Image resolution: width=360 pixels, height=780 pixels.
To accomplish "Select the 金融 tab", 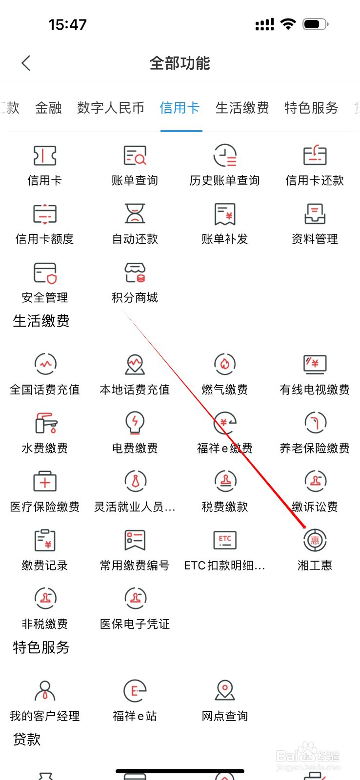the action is (48, 108).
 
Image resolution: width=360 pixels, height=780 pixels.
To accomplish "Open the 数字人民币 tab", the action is (111, 108).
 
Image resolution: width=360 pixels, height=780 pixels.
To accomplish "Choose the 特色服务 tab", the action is (311, 108).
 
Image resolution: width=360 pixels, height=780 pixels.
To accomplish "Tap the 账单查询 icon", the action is (135, 156).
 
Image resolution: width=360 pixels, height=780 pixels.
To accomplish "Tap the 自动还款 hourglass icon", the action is (135, 214).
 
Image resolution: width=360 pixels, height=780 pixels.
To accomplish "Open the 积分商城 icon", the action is (135, 273).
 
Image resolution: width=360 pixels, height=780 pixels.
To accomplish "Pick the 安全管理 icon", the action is (45, 273).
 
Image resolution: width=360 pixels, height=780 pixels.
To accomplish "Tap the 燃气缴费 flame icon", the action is (225, 364).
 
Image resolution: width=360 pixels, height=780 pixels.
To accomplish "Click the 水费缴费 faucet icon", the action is (45, 423).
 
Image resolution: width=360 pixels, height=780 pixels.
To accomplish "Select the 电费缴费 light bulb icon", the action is (135, 422).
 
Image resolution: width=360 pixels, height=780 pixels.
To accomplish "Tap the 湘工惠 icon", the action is (315, 540).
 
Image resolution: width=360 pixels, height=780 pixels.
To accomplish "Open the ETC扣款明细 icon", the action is (225, 540).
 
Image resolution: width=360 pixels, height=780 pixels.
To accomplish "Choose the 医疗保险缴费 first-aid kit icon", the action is (45, 482).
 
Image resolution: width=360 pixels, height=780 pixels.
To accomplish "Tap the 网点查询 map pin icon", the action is (225, 690).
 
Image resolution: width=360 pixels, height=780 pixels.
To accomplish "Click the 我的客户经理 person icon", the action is (45, 690).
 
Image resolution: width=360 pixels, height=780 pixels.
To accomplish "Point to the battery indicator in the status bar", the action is (315, 24).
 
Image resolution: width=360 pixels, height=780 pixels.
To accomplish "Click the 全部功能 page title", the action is (180, 63).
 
